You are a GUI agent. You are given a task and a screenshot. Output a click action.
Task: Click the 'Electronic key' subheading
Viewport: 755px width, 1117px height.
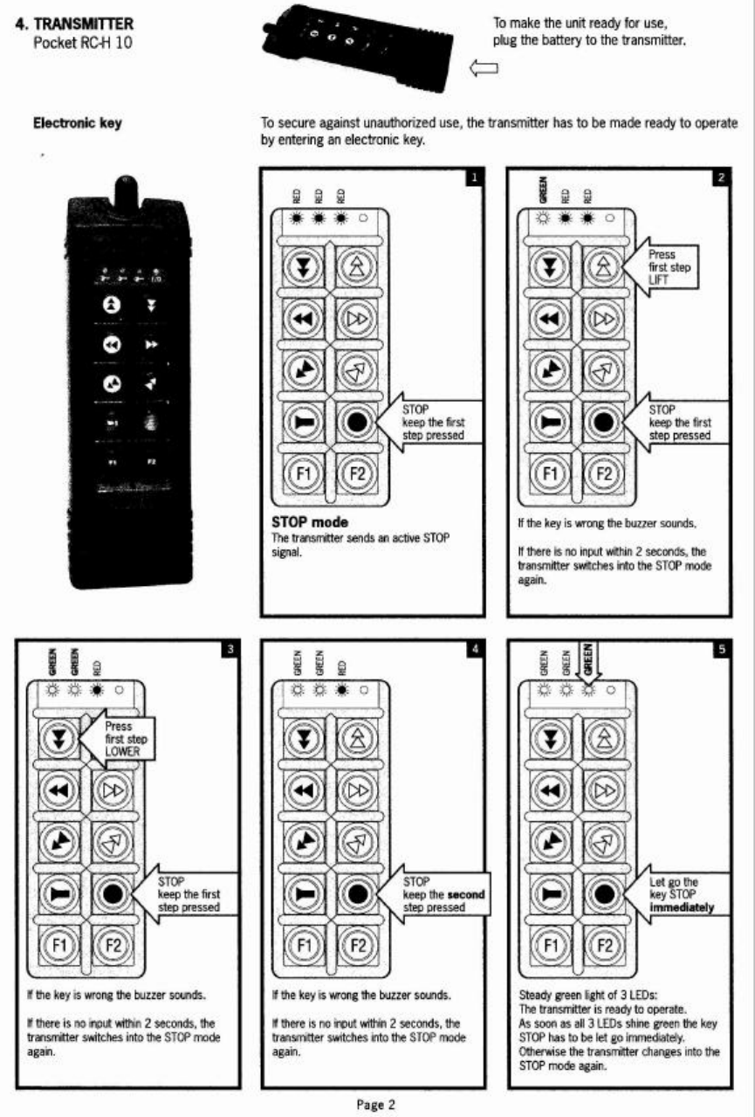click(77, 123)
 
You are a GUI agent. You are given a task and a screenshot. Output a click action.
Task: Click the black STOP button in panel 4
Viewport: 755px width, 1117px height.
click(355, 894)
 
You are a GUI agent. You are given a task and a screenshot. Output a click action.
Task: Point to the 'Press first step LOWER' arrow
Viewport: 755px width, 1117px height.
click(117, 739)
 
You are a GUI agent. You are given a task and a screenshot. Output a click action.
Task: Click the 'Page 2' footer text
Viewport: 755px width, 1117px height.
click(376, 1104)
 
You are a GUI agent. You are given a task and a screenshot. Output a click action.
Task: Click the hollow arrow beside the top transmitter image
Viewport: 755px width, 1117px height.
click(483, 68)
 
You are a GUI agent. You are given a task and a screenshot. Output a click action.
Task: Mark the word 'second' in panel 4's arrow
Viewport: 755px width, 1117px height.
click(465, 895)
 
